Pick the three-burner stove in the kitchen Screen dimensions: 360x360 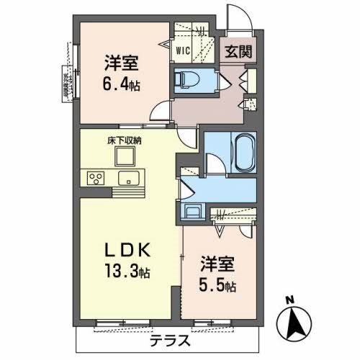(96, 177)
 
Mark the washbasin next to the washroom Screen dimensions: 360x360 (193, 211)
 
